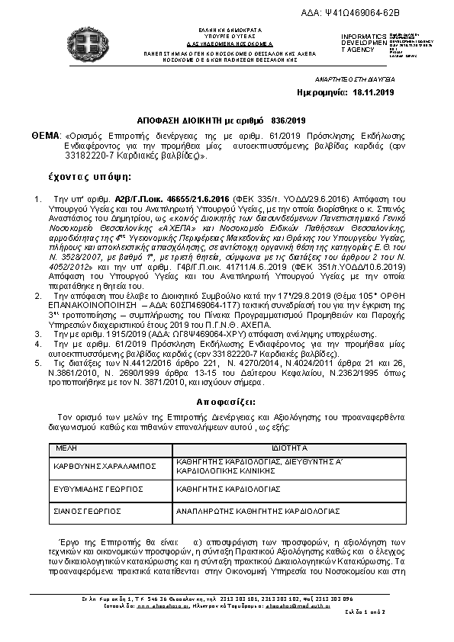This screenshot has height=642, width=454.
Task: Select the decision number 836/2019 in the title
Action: pos(288,120)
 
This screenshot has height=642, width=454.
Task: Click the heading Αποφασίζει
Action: pos(226,401)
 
